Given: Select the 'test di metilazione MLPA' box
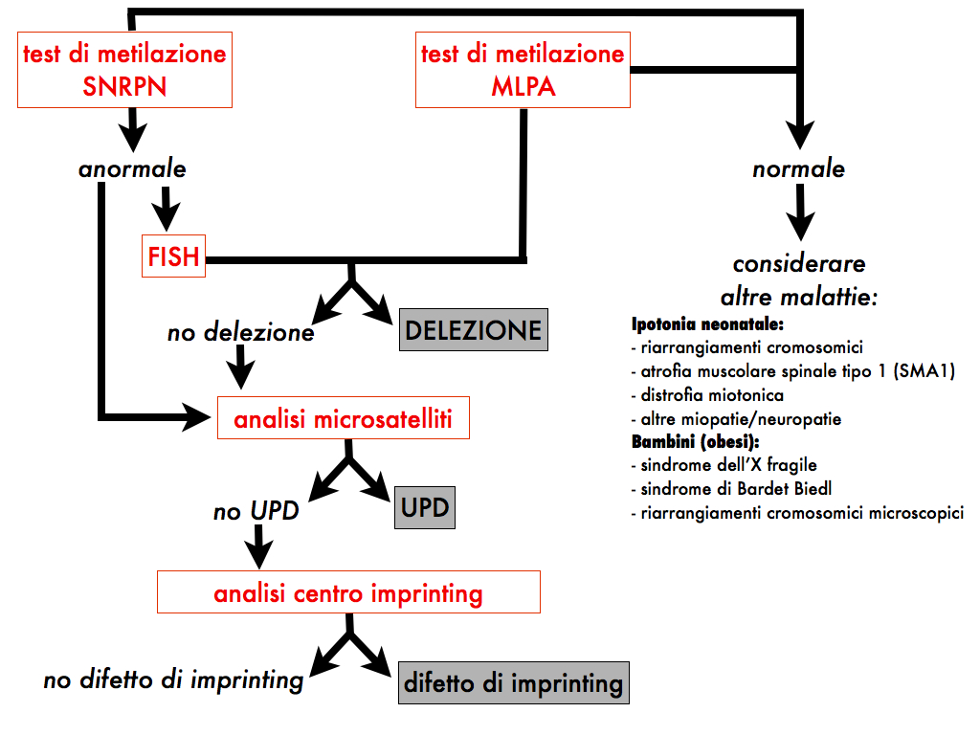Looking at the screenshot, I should (523, 69).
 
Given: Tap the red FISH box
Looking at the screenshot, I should (173, 256).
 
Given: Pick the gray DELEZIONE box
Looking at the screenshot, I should (474, 331).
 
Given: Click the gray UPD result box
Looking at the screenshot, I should (425, 507).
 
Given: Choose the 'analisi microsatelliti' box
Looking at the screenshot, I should (344, 419).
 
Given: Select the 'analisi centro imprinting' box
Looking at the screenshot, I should (348, 592).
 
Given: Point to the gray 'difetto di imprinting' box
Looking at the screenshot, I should (513, 683).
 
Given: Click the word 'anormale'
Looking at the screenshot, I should (132, 169).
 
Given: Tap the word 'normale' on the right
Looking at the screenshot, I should (799, 169).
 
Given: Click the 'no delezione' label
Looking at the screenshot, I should (240, 333).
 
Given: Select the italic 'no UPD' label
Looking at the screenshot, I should (256, 511).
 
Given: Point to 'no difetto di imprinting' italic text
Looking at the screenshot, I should (173, 680).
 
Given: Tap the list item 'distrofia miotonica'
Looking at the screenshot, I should (705, 395).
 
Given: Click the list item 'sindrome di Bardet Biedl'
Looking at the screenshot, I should (719, 489).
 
